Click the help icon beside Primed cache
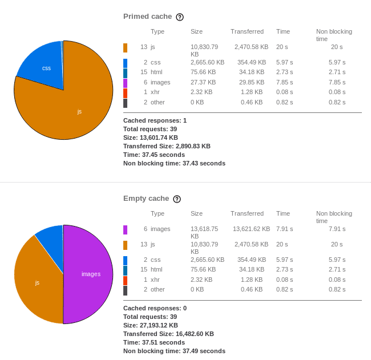point(180,17)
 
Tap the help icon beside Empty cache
point(177,199)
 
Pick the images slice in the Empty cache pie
point(88,274)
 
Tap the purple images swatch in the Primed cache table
point(125,83)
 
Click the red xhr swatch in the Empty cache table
point(125,280)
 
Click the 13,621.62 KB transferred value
point(251,229)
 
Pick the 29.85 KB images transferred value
point(252,82)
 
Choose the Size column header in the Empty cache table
point(196,213)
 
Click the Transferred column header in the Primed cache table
point(247,31)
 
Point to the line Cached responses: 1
point(155,120)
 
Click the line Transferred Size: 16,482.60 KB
point(168,334)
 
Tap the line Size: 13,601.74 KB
point(151,137)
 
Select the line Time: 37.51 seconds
point(154,342)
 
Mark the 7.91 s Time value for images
point(284,229)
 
